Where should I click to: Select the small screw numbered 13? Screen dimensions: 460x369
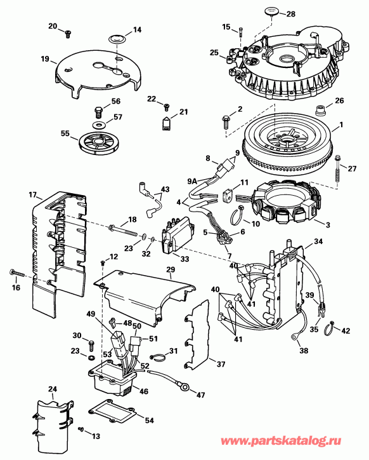[x=83, y=430]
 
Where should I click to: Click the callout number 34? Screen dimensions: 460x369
[x=319, y=240]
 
